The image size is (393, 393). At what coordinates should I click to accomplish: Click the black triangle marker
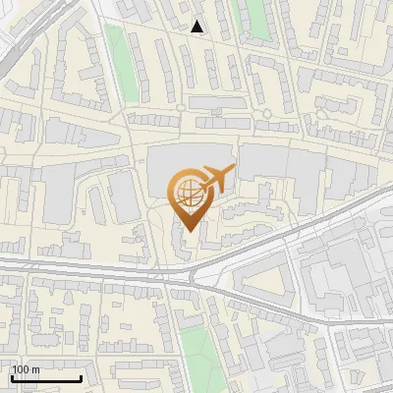click(197, 28)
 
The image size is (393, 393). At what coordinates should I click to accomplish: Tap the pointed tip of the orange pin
click(189, 231)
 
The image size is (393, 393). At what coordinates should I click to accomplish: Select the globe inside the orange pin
click(188, 194)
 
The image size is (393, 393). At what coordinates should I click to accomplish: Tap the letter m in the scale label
click(35, 369)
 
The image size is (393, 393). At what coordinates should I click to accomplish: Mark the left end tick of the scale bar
click(12, 377)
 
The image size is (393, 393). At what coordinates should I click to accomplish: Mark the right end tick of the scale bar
click(81, 377)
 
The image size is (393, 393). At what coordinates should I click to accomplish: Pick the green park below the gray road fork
click(196, 344)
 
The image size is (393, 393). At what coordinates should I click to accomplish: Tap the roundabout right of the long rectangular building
click(266, 114)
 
